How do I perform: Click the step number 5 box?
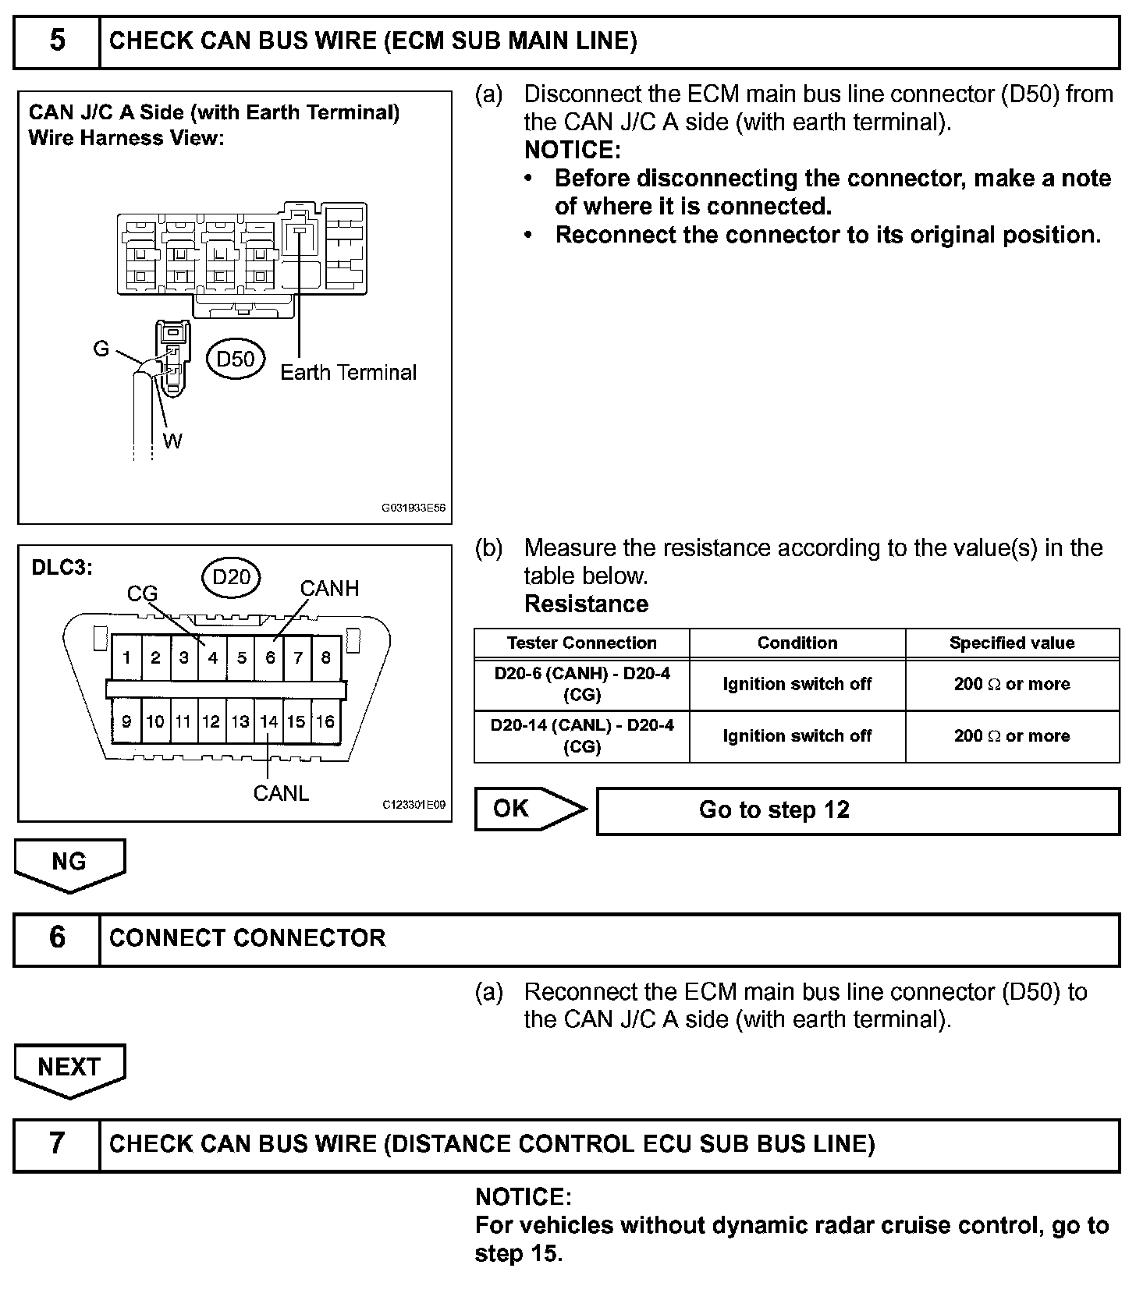pos(57,42)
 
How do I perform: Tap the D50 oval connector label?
pos(236,359)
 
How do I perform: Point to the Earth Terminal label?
pos(348,373)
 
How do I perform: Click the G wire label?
pos(101,349)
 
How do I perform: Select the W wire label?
pos(172,441)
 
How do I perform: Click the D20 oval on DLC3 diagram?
pos(232,576)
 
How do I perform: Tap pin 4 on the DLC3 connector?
pos(212,658)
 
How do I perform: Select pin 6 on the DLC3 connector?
pos(270,658)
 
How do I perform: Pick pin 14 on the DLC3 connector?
pos(268,721)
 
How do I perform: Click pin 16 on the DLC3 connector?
pos(325,721)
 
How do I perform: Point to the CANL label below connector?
pos(281,793)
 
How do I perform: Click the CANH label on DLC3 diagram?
pos(329,588)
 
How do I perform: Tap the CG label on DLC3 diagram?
pos(143,594)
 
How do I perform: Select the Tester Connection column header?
pos(581,643)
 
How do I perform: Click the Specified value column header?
pos(1011,643)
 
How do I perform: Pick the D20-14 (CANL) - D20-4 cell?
pos(581,736)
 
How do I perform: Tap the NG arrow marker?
pos(69,863)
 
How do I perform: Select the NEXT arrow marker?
pos(69,1068)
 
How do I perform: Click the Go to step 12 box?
pos(857,810)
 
